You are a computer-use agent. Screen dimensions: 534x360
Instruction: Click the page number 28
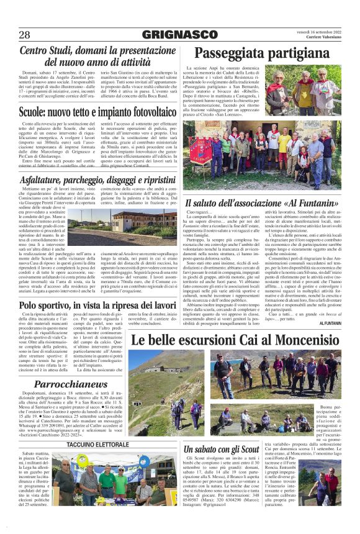coord(24,35)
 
